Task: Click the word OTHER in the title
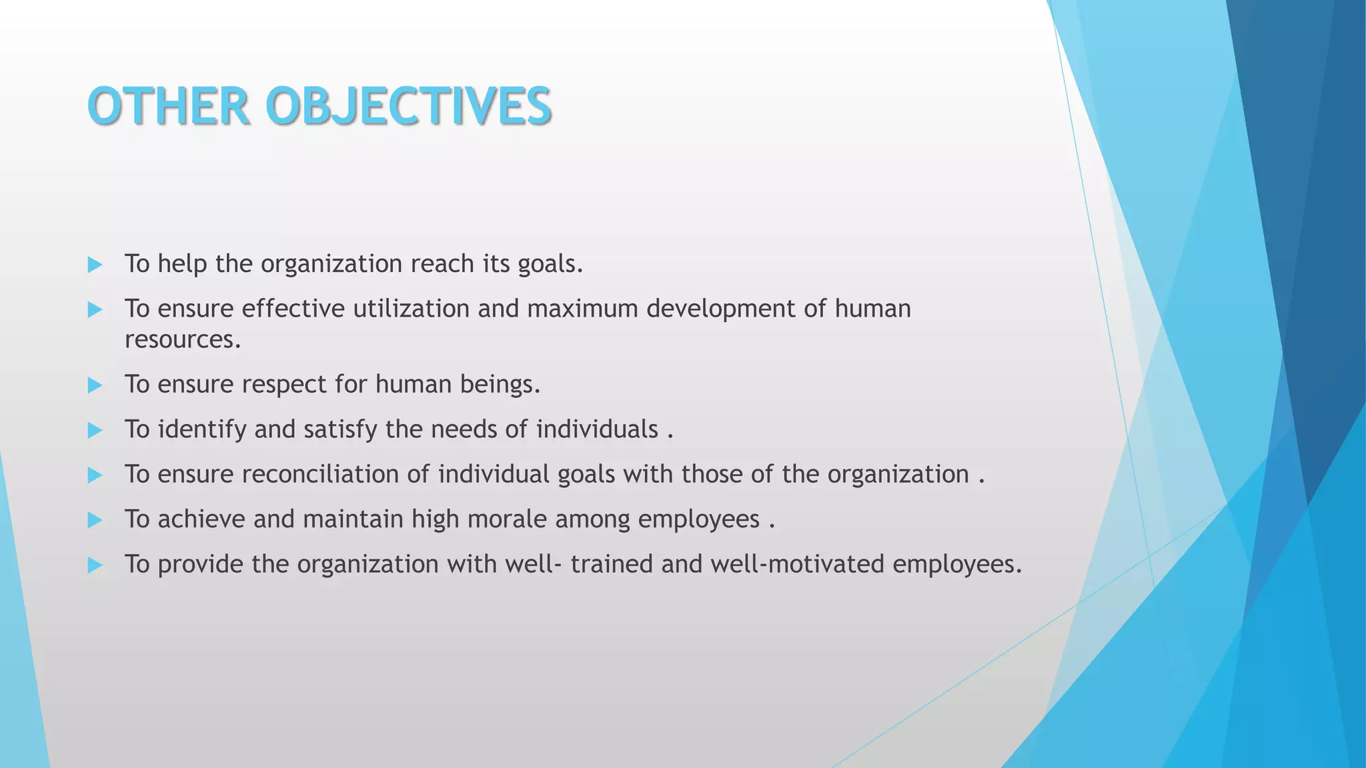click(169, 107)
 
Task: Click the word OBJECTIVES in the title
click(408, 107)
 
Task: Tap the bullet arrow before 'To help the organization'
click(95, 265)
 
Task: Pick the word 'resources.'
click(183, 340)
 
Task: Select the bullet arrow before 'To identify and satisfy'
click(95, 431)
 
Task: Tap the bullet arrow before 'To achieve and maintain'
click(95, 521)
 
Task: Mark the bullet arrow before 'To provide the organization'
click(95, 566)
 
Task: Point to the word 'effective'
click(293, 309)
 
